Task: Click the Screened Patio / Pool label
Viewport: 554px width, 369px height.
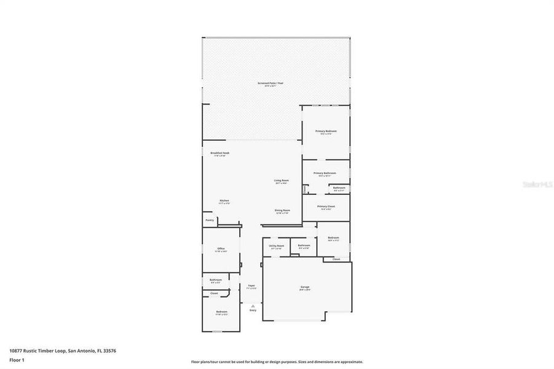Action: click(271, 83)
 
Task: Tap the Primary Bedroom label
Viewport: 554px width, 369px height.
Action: click(326, 131)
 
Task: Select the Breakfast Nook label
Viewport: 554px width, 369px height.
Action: click(220, 153)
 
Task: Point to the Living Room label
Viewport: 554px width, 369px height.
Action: click(282, 180)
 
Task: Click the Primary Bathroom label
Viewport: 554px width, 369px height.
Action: click(325, 173)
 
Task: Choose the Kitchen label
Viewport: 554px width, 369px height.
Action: click(225, 201)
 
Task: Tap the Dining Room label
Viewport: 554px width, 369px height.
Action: click(282, 210)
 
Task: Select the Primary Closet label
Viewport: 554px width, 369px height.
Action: click(326, 207)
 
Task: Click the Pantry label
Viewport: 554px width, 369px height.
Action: click(210, 220)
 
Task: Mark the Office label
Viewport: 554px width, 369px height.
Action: click(221, 248)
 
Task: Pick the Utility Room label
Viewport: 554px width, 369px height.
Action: click(276, 245)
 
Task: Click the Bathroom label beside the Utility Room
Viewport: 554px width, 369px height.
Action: click(304, 245)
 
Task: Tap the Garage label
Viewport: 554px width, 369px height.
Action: click(304, 287)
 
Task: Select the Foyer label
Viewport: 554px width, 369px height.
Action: click(251, 286)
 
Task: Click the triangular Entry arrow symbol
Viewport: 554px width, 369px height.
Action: click(252, 306)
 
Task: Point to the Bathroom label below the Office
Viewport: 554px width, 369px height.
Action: click(215, 280)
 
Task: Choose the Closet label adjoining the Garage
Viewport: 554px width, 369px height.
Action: click(336, 260)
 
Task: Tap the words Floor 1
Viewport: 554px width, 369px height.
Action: click(17, 359)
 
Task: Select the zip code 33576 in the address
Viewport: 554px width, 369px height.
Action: click(109, 351)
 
